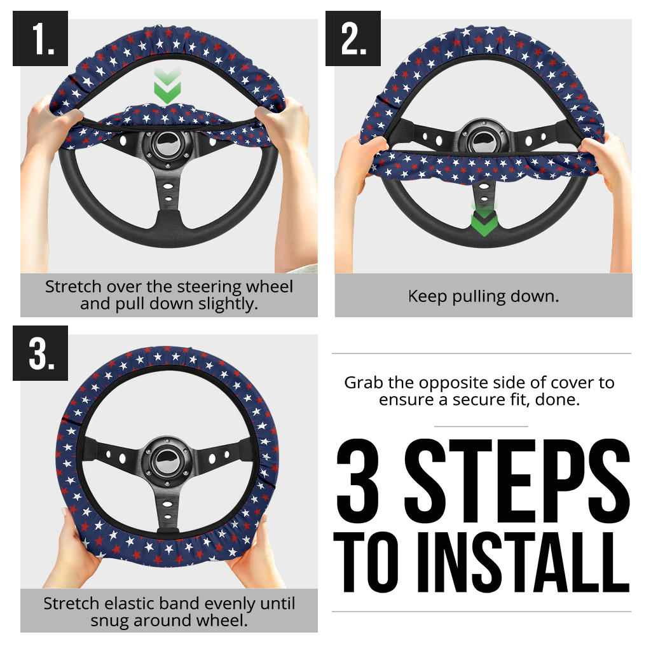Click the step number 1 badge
40,39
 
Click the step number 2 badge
353,39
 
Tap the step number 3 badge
40,353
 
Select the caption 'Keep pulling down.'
483,296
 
